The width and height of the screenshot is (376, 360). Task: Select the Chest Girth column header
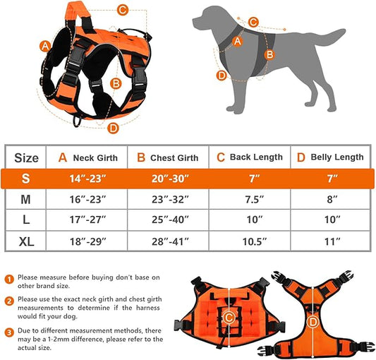[168, 157]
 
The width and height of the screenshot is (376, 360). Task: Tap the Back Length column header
[249, 157]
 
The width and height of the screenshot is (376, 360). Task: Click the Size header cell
[26, 157]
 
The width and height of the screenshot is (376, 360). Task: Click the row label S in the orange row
[26, 179]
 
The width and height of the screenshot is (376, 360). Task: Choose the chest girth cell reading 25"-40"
[168, 221]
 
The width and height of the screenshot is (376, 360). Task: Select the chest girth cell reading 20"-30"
[168, 179]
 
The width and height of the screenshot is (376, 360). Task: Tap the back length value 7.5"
[249, 200]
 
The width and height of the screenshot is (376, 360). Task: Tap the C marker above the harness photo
[122, 10]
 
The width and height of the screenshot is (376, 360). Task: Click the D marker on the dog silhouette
[221, 76]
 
